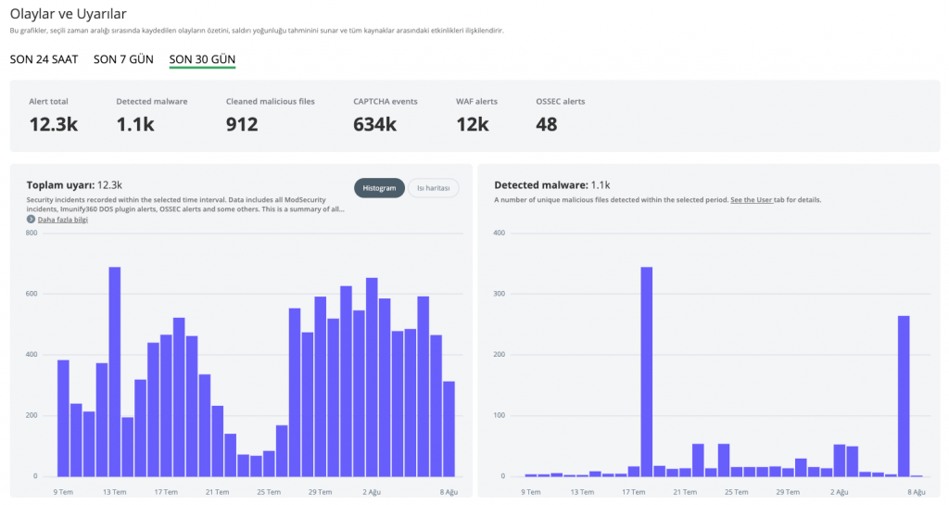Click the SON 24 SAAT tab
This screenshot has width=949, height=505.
coord(44,59)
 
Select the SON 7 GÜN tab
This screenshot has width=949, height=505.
coord(123,59)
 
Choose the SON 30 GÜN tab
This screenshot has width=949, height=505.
coord(202,59)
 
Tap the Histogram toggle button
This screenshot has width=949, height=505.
coord(379,188)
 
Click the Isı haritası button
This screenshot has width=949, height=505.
coord(434,188)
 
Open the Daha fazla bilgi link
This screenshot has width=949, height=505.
coord(62,220)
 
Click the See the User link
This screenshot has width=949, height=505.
coord(751,199)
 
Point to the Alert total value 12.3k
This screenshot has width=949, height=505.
coord(53,124)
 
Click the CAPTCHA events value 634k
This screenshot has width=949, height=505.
coord(374,124)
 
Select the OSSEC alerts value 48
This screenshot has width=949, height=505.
coord(546,124)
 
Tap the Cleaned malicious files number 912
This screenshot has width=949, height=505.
coord(242,124)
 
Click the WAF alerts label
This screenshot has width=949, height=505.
coord(476,102)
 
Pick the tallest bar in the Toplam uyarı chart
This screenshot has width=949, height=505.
coord(114,372)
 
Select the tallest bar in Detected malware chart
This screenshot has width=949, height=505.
coord(646,372)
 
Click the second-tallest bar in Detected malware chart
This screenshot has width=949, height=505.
coord(904,397)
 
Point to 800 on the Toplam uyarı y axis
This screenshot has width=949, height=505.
coord(32,233)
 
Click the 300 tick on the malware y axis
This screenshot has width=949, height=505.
coord(499,294)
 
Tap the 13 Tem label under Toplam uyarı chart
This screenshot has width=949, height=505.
coord(114,492)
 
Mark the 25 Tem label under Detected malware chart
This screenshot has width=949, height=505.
coord(737,492)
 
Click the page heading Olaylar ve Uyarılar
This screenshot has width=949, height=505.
coord(68,13)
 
